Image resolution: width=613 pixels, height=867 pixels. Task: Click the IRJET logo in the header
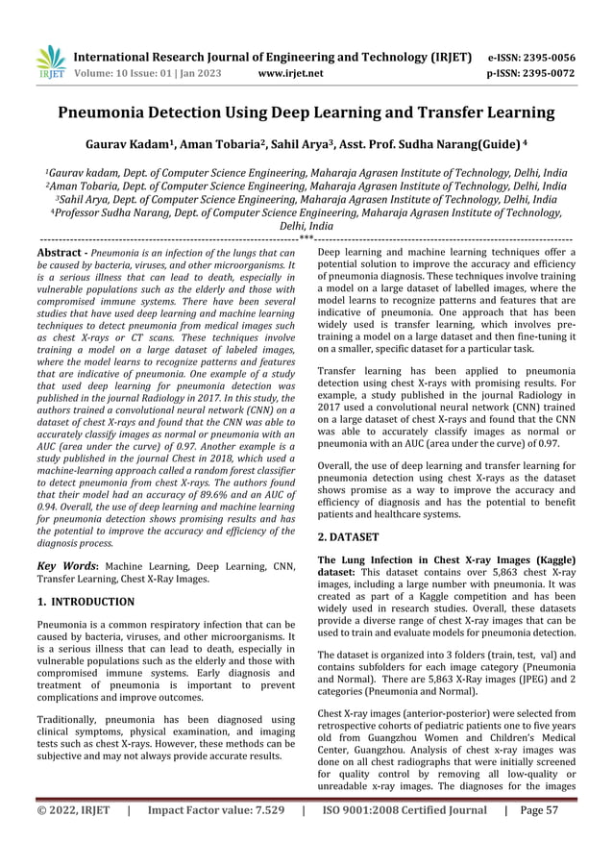pyautogui.click(x=49, y=62)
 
